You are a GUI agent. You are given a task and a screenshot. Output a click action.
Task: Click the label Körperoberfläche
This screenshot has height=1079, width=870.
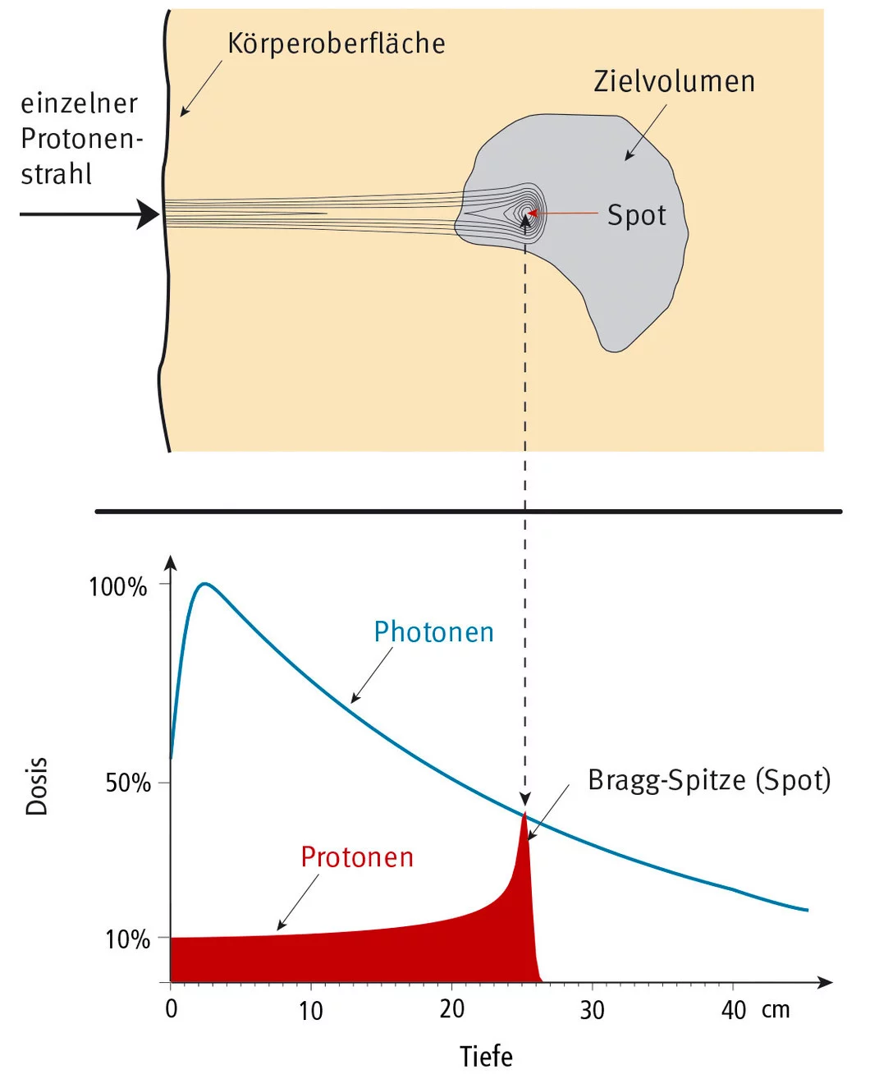pyautogui.click(x=336, y=44)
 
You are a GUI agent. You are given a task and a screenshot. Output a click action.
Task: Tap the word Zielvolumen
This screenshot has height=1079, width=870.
pyautogui.click(x=674, y=81)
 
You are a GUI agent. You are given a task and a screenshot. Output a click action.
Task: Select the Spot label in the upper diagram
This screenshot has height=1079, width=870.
pyautogui.click(x=636, y=215)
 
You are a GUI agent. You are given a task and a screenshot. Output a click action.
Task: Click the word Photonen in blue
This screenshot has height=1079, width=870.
pyautogui.click(x=433, y=632)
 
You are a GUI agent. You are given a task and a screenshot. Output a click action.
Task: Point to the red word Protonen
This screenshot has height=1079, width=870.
pyautogui.click(x=356, y=857)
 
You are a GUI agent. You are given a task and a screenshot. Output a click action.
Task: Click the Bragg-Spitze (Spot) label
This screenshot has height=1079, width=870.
pyautogui.click(x=709, y=780)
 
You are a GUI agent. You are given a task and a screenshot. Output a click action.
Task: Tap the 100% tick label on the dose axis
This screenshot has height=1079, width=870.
pyautogui.click(x=117, y=587)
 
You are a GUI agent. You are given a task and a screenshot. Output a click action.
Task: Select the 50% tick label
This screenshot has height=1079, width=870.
pyautogui.click(x=128, y=783)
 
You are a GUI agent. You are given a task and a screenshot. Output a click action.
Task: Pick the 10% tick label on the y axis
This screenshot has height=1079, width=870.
pyautogui.click(x=128, y=939)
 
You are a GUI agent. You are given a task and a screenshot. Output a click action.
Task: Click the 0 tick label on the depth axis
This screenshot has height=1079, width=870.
pyautogui.click(x=171, y=1008)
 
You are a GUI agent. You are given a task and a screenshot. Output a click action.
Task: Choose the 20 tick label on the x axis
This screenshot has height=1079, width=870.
pyautogui.click(x=451, y=1009)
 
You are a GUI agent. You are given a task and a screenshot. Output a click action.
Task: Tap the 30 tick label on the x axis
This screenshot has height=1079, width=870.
pyautogui.click(x=592, y=1009)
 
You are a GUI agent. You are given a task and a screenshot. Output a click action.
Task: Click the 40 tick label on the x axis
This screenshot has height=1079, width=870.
pyautogui.click(x=733, y=1009)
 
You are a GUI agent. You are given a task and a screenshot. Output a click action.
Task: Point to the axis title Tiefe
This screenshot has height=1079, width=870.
pyautogui.click(x=486, y=1056)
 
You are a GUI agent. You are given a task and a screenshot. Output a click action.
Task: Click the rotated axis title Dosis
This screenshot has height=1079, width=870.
pyautogui.click(x=37, y=786)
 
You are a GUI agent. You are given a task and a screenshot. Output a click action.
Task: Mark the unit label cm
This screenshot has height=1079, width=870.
pyautogui.click(x=775, y=1009)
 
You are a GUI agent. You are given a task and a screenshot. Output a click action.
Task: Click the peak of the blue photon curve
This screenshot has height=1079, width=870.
pyautogui.click(x=204, y=584)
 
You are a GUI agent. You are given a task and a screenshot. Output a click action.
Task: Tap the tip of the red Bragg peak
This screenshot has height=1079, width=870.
pyautogui.click(x=524, y=813)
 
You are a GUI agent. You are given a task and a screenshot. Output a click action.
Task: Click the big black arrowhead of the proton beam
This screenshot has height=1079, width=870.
pyautogui.click(x=149, y=214)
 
